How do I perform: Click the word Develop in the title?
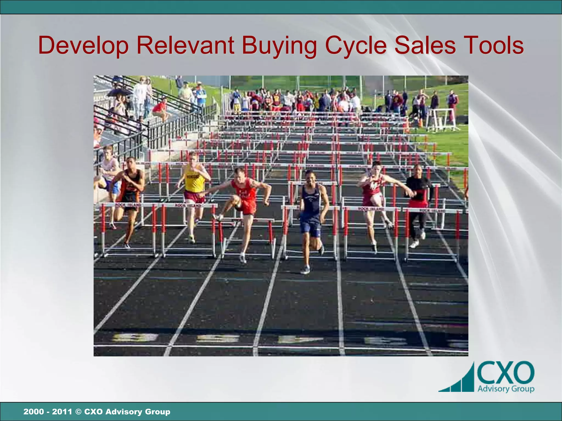(x=83, y=46)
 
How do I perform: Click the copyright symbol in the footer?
(x=78, y=412)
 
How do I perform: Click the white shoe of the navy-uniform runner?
(x=305, y=270)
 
